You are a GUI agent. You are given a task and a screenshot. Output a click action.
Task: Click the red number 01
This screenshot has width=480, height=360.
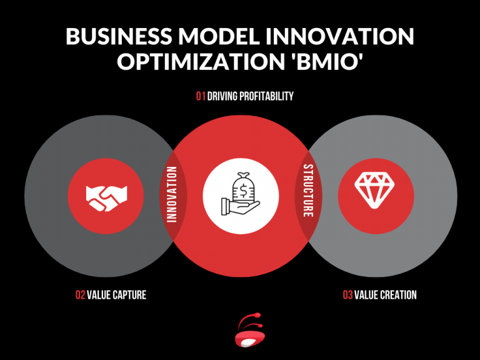pos(201,97)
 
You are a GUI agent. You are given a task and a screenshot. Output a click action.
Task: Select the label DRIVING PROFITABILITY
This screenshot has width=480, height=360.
pos(251,97)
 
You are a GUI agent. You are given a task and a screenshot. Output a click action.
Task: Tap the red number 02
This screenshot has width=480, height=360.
pos(80,294)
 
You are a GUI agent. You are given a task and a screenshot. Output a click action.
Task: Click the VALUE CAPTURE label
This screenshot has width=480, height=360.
pos(117,294)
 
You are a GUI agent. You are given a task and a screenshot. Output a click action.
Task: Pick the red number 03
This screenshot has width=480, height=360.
pos(347,294)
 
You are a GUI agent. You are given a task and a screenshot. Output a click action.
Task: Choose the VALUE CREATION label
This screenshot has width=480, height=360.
pos(386,294)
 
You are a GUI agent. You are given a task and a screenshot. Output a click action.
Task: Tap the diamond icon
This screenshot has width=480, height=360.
pos(375,189)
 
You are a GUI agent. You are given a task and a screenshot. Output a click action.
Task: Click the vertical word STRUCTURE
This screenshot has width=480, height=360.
pos(307,191)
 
